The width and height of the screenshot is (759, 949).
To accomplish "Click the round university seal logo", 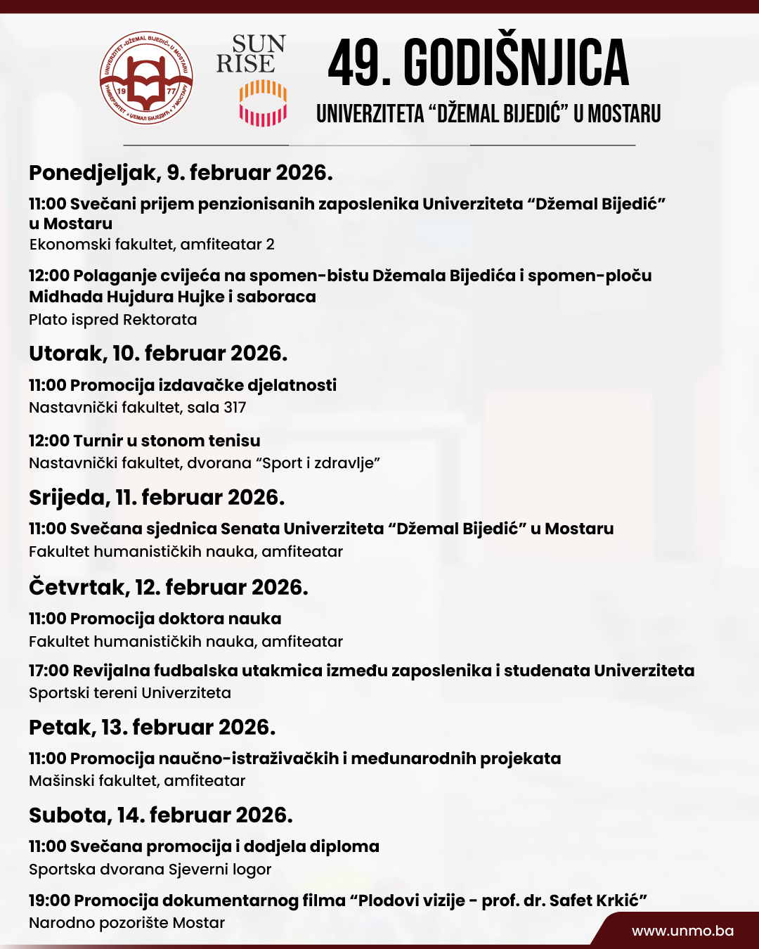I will [x=146, y=78].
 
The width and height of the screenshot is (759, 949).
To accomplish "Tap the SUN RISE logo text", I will [x=251, y=54].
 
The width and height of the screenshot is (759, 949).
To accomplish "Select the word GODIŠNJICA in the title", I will [x=516, y=63].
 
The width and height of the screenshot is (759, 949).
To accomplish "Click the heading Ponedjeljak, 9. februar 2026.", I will [x=181, y=173].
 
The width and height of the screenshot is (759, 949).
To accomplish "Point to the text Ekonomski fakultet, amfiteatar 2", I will [x=152, y=245].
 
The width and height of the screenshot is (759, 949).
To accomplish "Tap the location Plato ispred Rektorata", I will [x=112, y=320].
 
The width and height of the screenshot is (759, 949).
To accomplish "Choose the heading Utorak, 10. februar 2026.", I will [x=158, y=354].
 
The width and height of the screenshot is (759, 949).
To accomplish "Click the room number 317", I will [x=235, y=408].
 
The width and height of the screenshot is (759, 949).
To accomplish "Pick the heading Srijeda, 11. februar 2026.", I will [x=157, y=498].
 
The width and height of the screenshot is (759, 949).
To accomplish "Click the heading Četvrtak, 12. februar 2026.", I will [x=169, y=588].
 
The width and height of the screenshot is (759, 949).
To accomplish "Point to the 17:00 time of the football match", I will [x=48, y=671].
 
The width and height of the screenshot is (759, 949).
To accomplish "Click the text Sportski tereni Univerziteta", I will [x=130, y=693].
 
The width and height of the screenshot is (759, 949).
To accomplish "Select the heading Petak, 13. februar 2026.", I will [x=152, y=728].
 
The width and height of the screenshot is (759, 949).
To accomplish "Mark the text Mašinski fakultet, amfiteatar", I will [x=137, y=781].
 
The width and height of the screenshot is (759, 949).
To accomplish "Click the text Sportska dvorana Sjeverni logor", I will [x=150, y=870].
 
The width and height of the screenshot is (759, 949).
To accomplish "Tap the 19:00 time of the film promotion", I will [x=49, y=900].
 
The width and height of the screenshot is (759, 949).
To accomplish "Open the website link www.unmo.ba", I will [x=682, y=931].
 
